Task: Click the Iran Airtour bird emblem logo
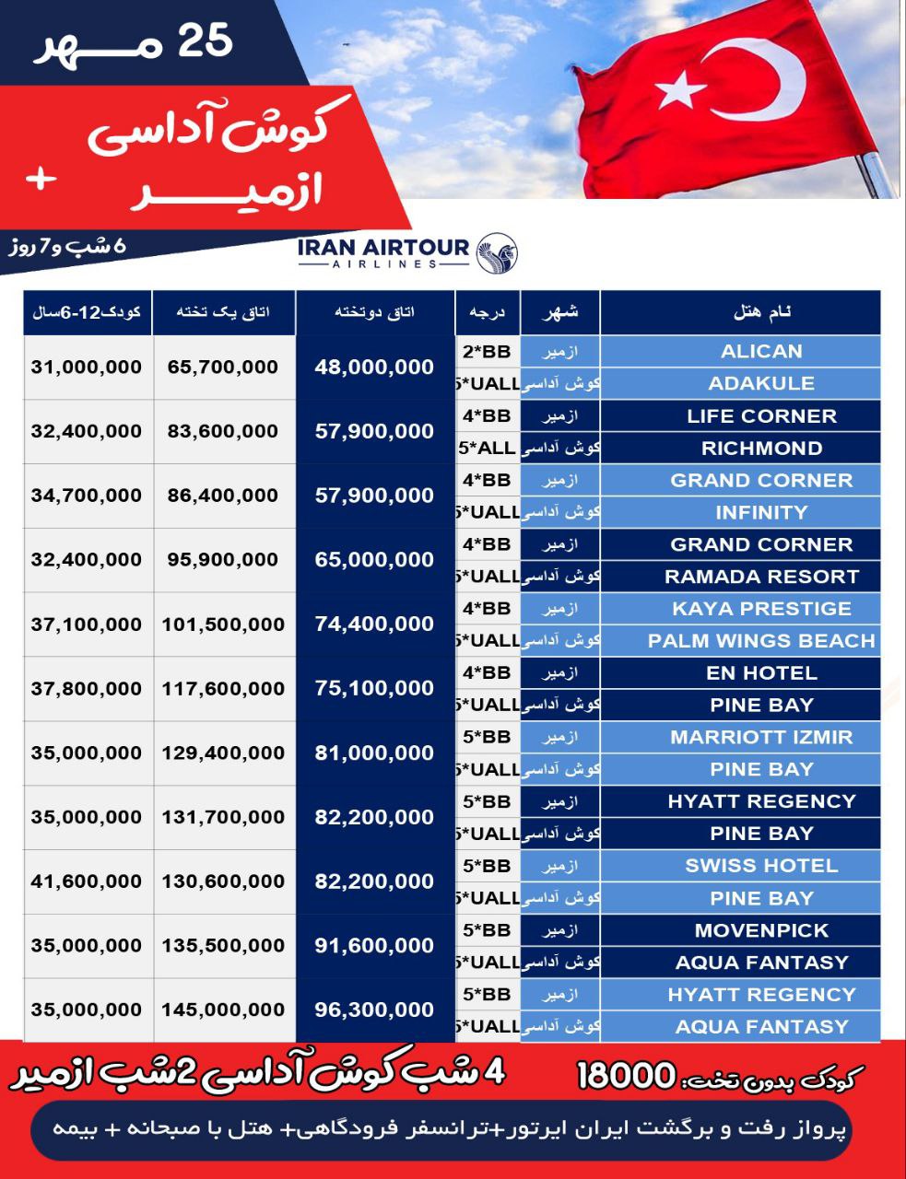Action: pos(497,252)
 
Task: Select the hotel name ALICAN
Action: pos(761,351)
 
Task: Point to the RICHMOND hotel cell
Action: pos(761,449)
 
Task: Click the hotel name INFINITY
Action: pos(761,512)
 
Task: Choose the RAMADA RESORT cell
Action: pos(761,577)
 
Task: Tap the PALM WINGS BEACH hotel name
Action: pos(761,640)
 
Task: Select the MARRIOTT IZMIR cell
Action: pos(761,737)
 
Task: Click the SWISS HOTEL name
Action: pos(761,866)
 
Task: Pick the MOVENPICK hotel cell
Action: pos(761,930)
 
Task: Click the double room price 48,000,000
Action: pos(374,368)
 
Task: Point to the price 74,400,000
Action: pos(374,624)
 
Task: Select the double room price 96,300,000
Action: pos(374,1010)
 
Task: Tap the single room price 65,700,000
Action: pos(223,367)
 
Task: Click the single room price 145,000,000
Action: pos(223,1010)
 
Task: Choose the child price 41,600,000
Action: pos(87,881)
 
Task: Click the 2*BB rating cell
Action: pos(487,351)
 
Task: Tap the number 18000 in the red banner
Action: pos(627,1075)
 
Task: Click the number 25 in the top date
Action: pos(205,41)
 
